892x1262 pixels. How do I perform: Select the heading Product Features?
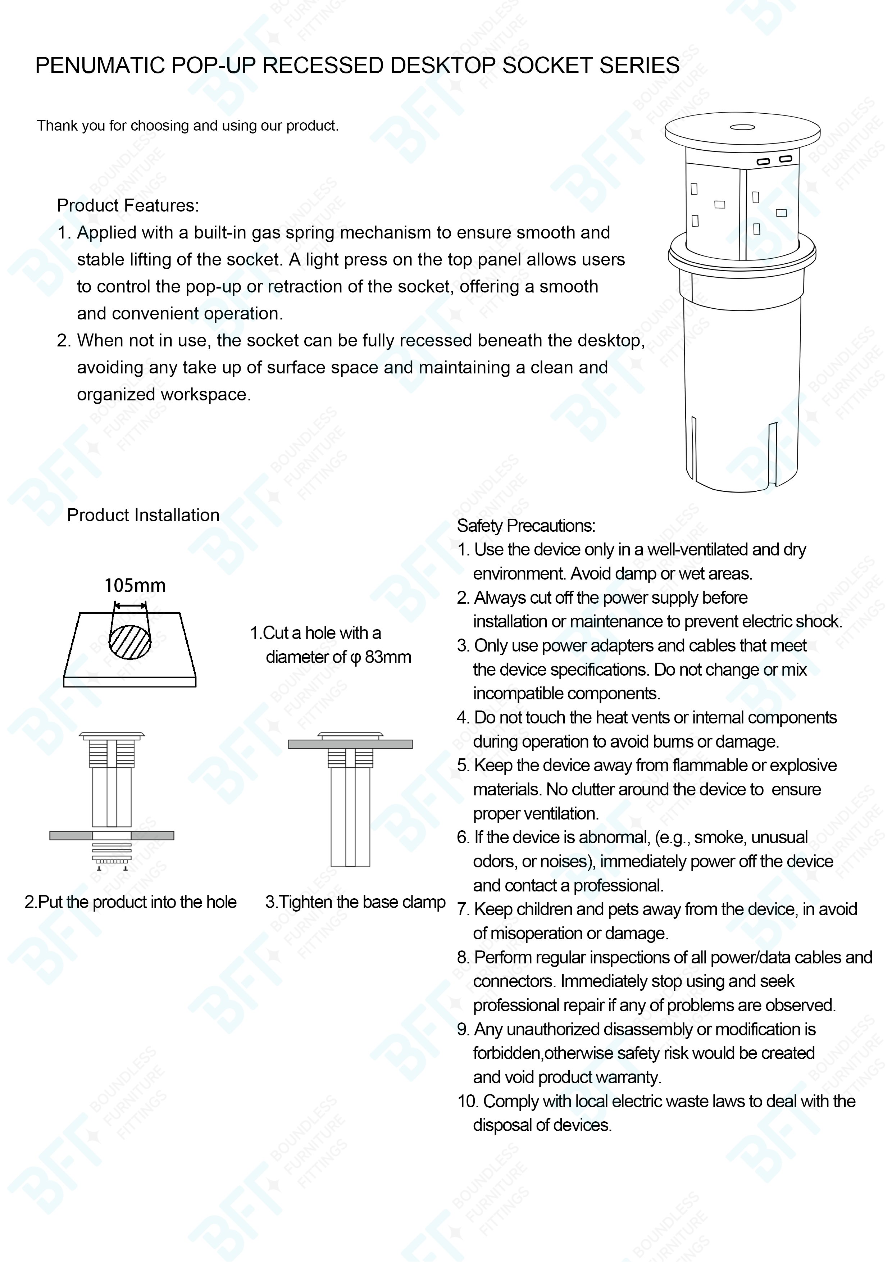coord(128,205)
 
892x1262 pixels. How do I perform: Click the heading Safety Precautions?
coord(526,526)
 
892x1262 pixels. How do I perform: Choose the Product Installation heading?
coord(143,516)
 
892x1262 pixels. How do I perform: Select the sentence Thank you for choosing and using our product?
coord(187,126)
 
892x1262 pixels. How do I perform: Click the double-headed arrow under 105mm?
coord(130,606)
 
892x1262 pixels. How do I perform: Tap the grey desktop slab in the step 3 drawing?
coord(350,744)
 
